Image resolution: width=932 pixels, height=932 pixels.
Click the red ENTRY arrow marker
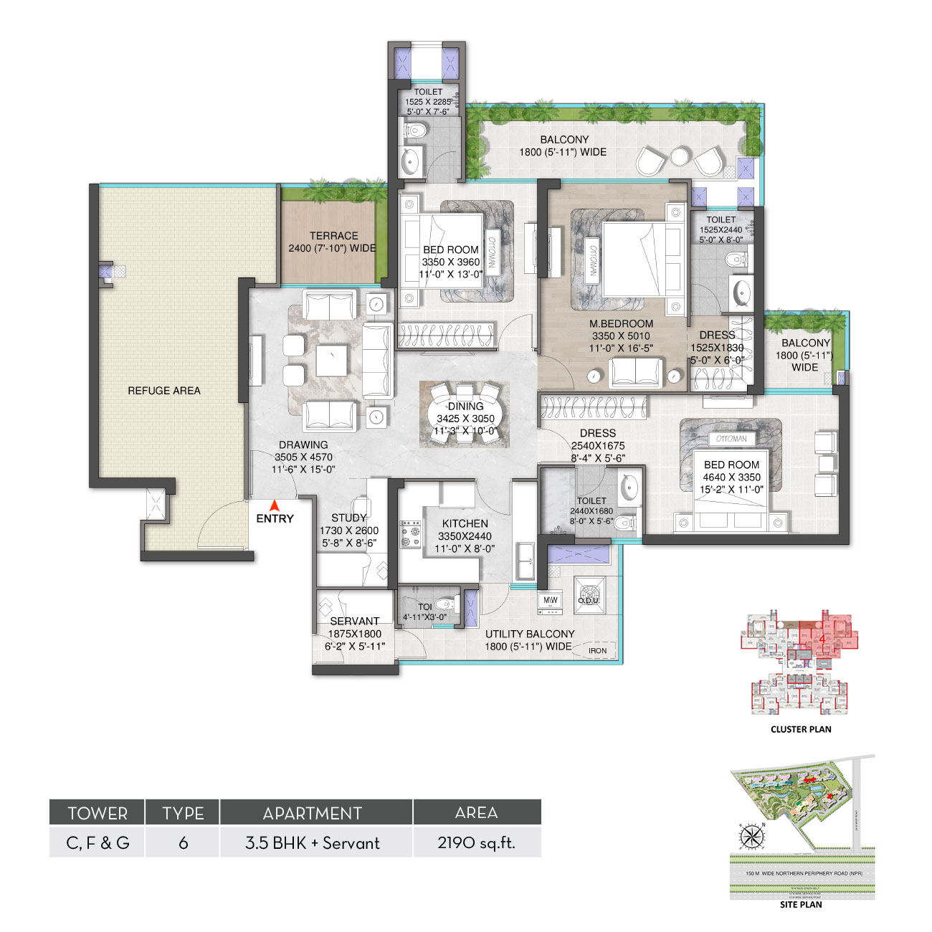pos(274,506)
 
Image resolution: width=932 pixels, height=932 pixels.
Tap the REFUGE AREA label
pos(164,391)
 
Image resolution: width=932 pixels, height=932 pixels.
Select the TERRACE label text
pos(333,236)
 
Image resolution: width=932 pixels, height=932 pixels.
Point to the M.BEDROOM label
pos(621,324)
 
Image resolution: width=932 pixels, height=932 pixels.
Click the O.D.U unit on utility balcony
pos(589,596)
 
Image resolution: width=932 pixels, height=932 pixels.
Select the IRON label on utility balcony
pos(597,651)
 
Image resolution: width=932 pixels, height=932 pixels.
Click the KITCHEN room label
pos(465,524)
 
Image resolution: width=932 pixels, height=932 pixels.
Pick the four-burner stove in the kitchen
pos(411,534)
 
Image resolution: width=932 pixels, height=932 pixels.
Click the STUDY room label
pos(349,518)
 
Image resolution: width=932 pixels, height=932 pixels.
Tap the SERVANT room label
pos(354,622)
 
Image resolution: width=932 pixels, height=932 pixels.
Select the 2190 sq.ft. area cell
pos(476,843)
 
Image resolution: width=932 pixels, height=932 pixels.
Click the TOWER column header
pos(98,813)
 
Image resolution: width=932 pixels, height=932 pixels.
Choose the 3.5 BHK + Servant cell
pos(313,843)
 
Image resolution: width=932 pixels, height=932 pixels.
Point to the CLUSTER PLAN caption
pos(801,729)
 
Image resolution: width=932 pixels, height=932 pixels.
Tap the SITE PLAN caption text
pos(801,905)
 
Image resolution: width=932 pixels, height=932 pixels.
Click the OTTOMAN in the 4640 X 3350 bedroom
pos(731,439)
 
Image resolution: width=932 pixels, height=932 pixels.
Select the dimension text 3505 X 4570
pos(303,457)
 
